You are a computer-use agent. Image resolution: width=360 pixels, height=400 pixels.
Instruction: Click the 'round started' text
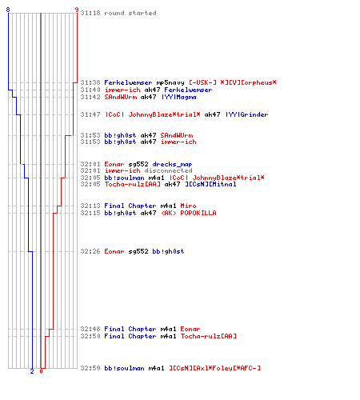coord(130,13)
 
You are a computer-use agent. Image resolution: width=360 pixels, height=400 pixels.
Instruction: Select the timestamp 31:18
coord(90,13)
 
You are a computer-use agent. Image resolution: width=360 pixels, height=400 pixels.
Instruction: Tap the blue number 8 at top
coord(8,10)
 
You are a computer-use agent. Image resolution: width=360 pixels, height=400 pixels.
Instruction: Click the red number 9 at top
coord(77,10)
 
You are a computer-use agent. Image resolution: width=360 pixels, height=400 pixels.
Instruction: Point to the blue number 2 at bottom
coord(32,371)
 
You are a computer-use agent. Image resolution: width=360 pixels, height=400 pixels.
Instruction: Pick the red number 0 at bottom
coord(41,371)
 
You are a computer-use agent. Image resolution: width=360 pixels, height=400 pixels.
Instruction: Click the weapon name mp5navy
coord(170,82)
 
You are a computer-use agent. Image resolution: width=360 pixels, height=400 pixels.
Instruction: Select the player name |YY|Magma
coord(179,97)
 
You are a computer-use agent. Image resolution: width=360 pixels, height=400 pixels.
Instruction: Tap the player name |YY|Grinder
coord(247,114)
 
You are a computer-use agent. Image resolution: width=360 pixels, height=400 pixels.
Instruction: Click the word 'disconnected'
coord(168,170)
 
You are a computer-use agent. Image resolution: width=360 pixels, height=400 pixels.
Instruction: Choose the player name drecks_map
coord(172,164)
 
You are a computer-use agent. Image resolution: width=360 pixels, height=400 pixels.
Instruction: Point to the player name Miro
coord(188,206)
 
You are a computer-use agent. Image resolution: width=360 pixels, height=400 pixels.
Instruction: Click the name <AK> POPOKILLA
coord(188,213)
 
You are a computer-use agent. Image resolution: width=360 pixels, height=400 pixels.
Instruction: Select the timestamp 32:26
coord(90,251)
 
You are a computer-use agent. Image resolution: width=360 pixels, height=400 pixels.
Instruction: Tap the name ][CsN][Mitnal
coord(210,184)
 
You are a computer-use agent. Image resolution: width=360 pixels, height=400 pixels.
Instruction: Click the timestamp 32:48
coord(90,329)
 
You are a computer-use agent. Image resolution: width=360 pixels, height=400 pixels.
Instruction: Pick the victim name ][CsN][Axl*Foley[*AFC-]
coord(214,368)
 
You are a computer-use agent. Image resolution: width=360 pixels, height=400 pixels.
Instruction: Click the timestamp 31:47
coord(90,114)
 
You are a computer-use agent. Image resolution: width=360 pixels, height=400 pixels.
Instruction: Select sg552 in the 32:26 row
coord(138,251)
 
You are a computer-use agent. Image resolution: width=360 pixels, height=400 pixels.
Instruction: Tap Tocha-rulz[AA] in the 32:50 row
coord(208,336)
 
